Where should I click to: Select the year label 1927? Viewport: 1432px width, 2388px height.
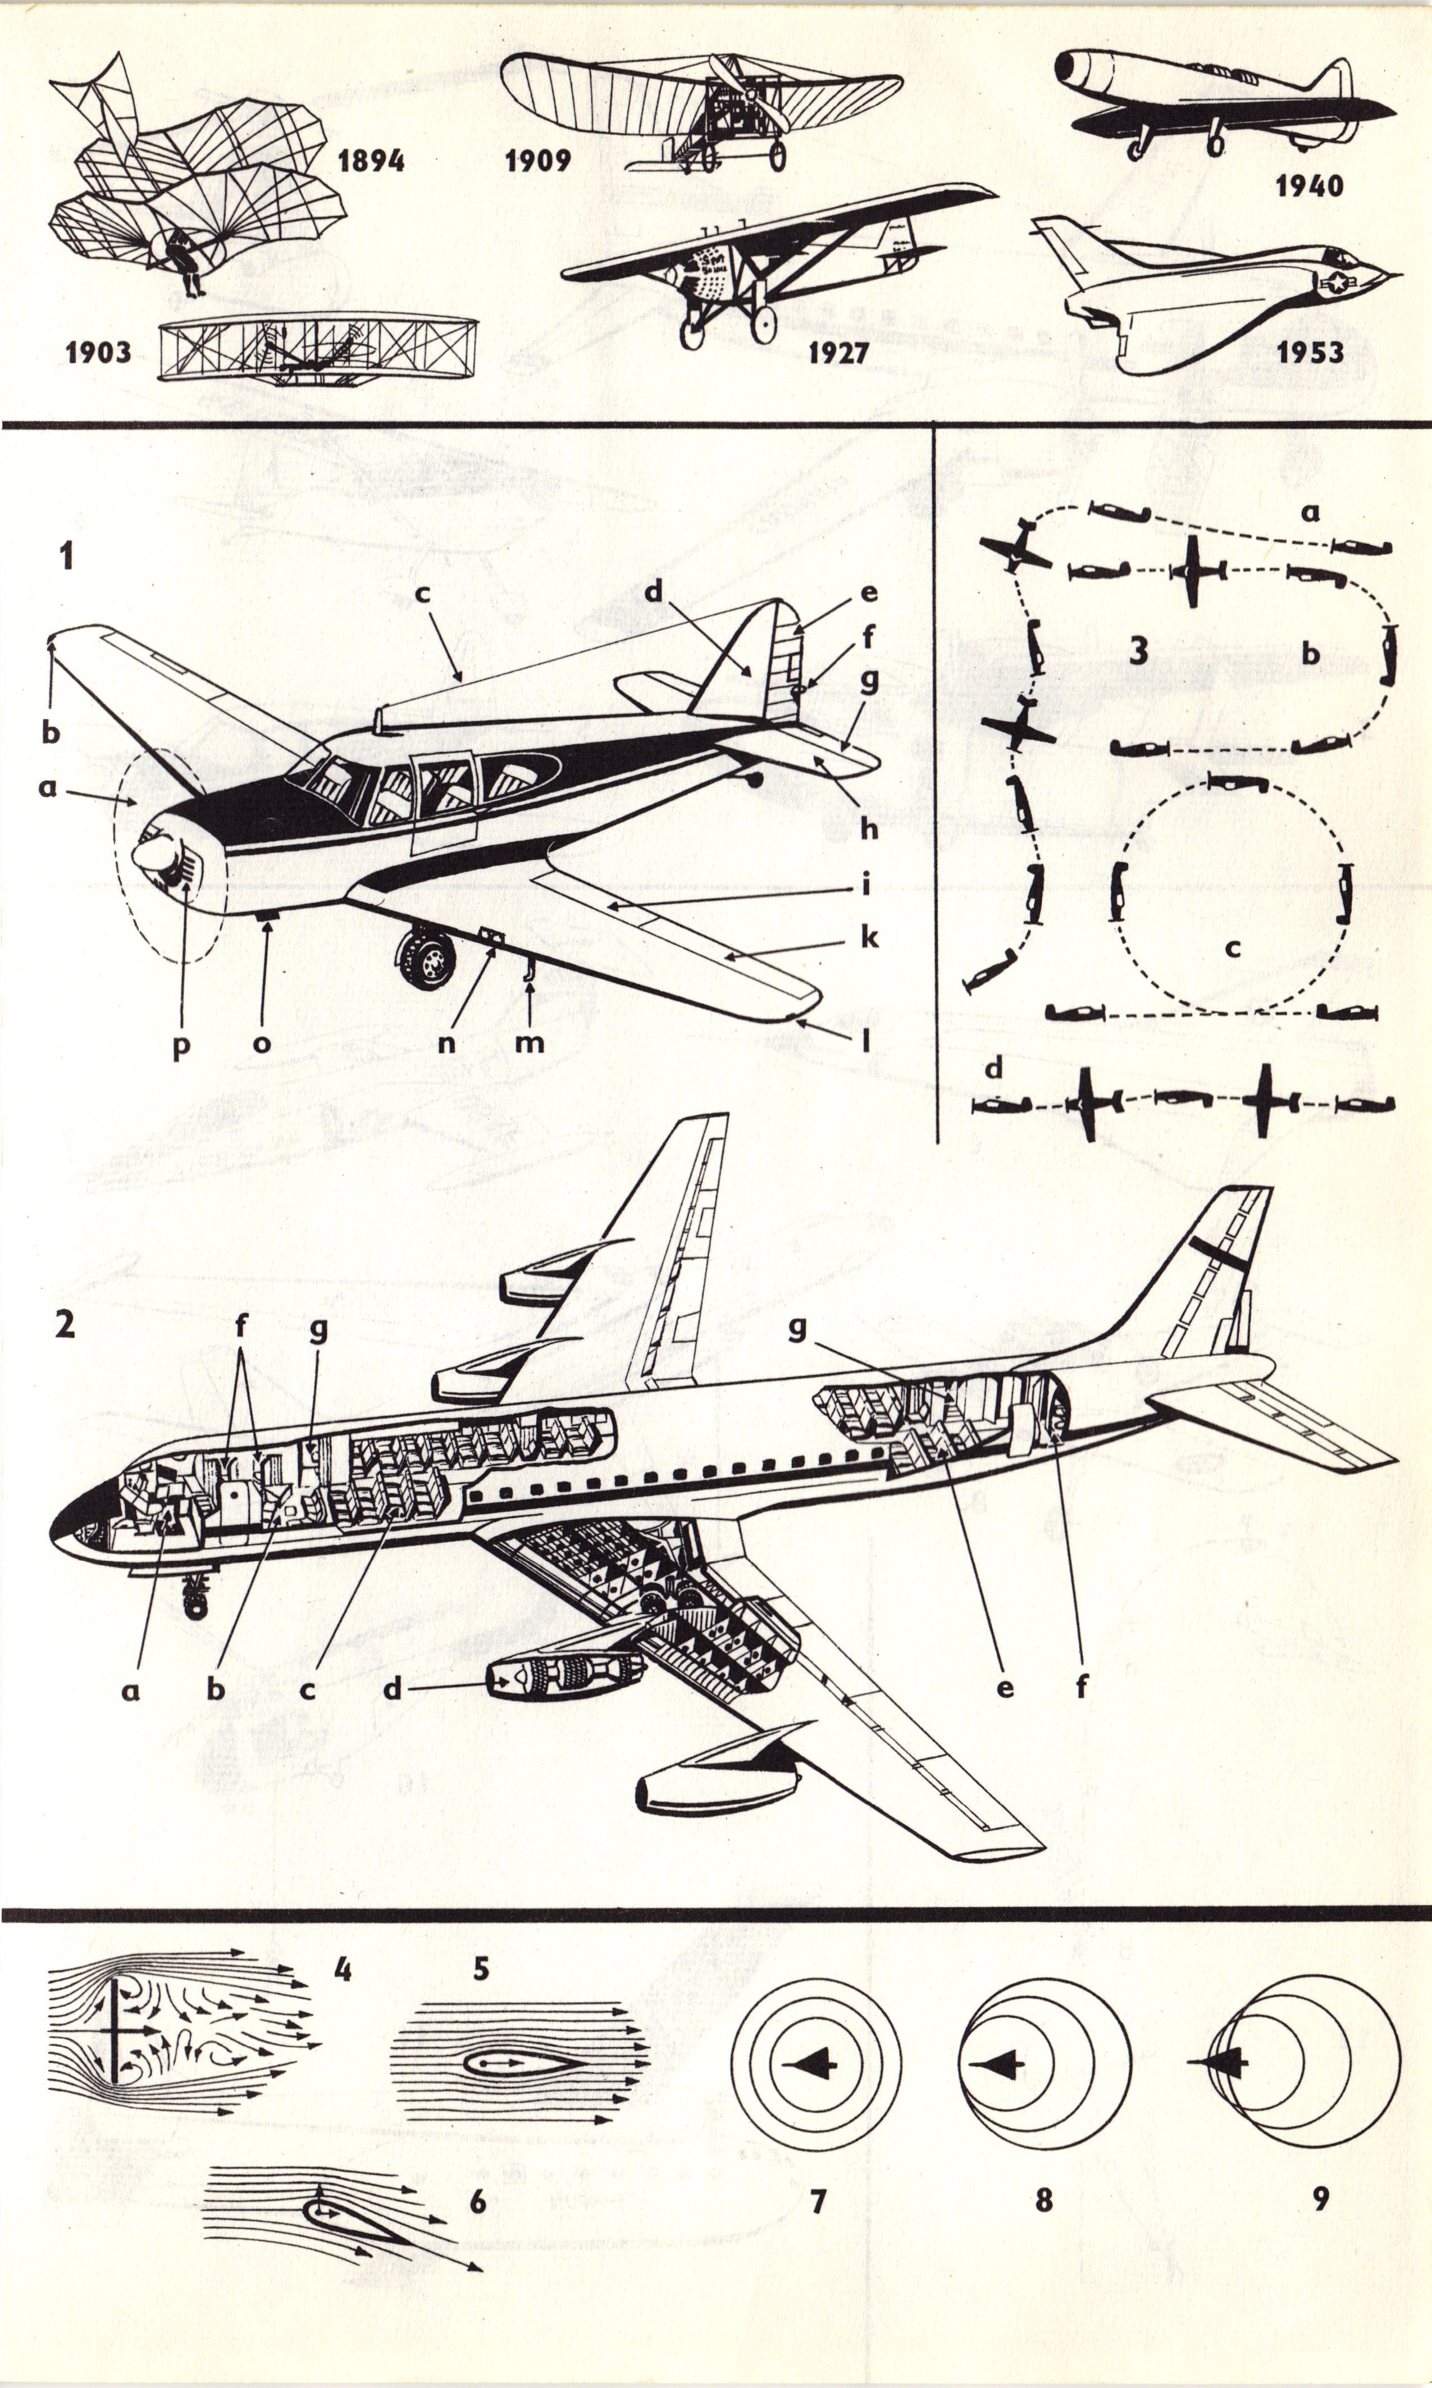tap(838, 352)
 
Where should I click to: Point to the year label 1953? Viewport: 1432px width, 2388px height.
tap(1310, 352)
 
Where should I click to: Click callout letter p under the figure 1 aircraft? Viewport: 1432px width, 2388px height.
tap(180, 1046)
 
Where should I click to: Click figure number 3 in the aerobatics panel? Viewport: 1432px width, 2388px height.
tap(1139, 651)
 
